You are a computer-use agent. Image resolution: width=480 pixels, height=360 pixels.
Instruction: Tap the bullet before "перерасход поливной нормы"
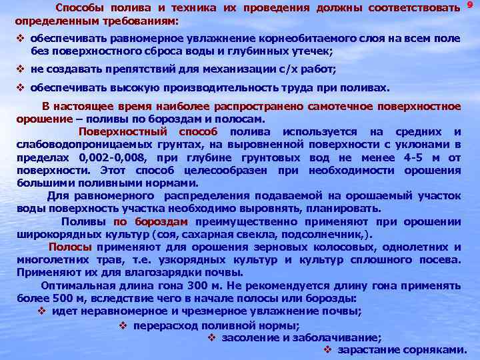[x=124, y=325]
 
